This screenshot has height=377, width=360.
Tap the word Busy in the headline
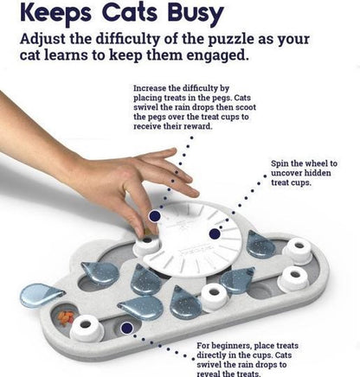pyautogui.click(x=196, y=14)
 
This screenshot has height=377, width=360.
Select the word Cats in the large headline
pyautogui.click(x=130, y=11)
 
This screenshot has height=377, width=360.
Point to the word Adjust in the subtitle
pyautogui.click(x=43, y=40)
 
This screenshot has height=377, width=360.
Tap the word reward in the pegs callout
pyautogui.click(x=199, y=126)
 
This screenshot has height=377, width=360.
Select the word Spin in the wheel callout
pyautogui.click(x=280, y=164)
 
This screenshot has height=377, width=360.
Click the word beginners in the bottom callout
pyautogui.click(x=230, y=346)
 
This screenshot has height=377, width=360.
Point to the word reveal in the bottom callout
pyautogui.click(x=209, y=374)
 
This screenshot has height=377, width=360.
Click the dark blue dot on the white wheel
pyautogui.click(x=214, y=233)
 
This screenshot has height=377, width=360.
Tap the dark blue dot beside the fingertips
pyautogui.click(x=155, y=216)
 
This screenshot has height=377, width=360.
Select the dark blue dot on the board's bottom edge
pyautogui.click(x=126, y=328)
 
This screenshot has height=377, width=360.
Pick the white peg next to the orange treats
pyautogui.click(x=87, y=328)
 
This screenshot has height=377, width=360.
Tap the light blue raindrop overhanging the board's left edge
pyautogui.click(x=42, y=295)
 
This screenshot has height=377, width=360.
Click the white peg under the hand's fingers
pyautogui.click(x=146, y=245)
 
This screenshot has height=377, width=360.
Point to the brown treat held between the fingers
pyautogui.click(x=146, y=232)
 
